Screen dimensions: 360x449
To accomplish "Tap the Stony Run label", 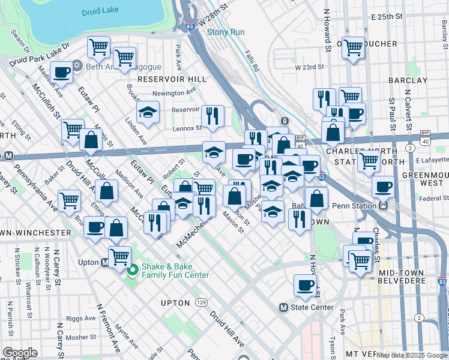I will pyautogui.click(x=224, y=32).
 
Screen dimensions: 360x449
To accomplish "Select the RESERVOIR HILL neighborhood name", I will pyautogui.click(x=172, y=79).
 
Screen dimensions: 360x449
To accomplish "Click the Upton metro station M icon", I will pyautogui.click(x=105, y=262).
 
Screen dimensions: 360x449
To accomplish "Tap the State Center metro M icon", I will pyautogui.click(x=284, y=307).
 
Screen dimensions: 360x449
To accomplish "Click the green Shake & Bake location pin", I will pyautogui.click(x=131, y=270).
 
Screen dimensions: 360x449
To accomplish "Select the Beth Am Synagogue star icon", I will pyautogui.click(x=77, y=66).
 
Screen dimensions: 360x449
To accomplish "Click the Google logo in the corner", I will pyautogui.click(x=20, y=352).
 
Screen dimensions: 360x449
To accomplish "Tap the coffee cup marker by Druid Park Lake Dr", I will pyautogui.click(x=61, y=73).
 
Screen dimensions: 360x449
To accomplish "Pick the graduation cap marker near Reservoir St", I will pyautogui.click(x=147, y=112).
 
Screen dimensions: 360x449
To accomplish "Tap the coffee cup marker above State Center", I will pyautogui.click(x=305, y=285).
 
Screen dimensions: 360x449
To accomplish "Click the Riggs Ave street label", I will pyautogui.click(x=81, y=318).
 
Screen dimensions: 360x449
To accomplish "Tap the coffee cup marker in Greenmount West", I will pyautogui.click(x=382, y=186).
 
